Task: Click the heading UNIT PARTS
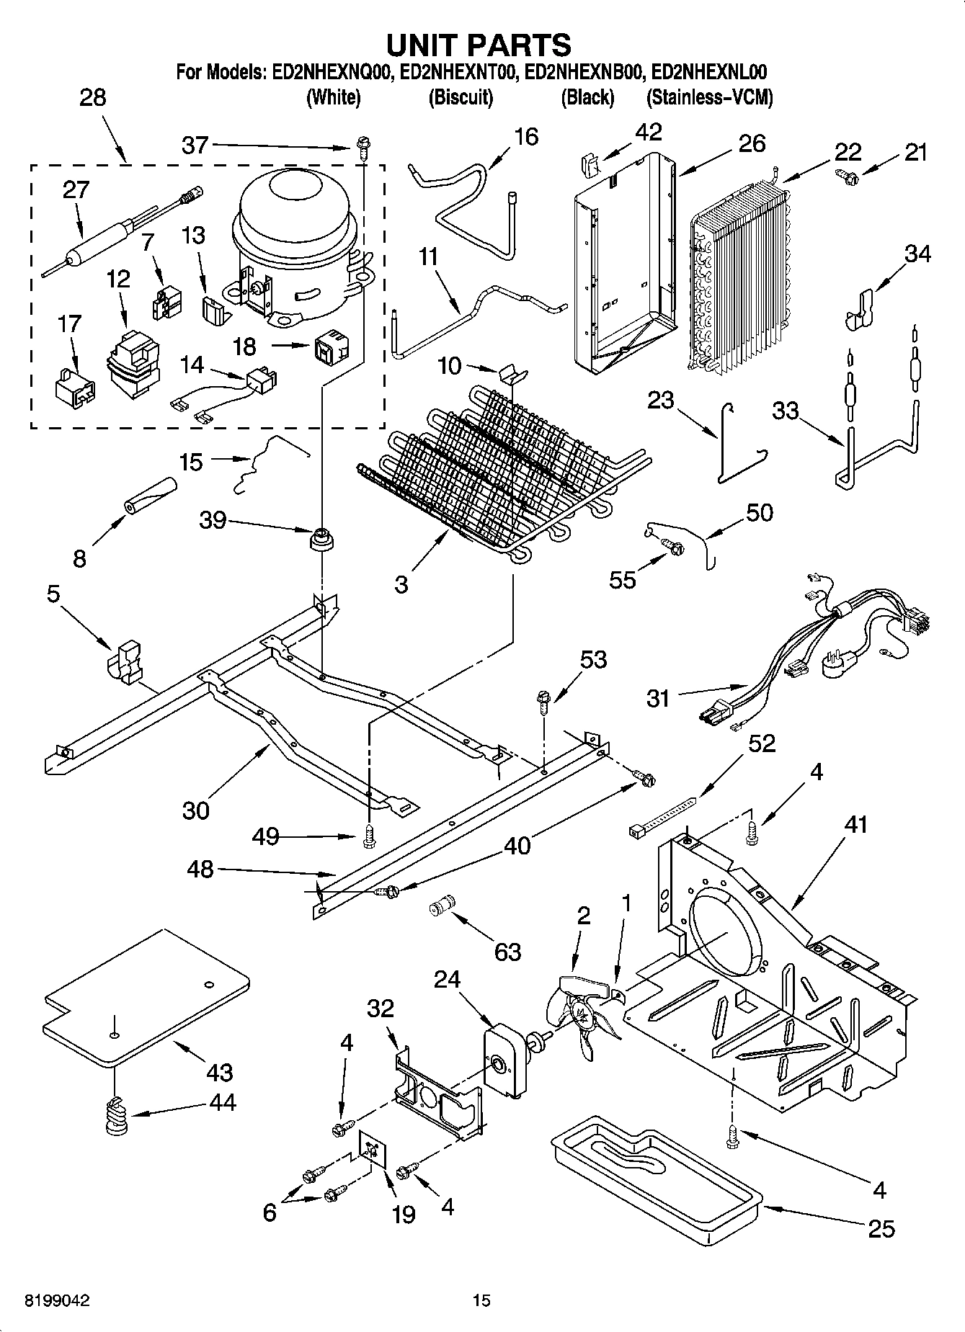coord(479,45)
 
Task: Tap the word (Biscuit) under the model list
coord(461,97)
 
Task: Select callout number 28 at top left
coord(92,97)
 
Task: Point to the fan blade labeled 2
coord(580,1012)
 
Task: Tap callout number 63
coord(507,952)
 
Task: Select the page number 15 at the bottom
coord(481,1300)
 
